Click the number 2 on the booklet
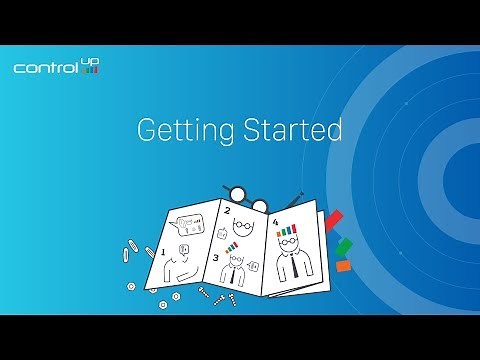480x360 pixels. pos(226,211)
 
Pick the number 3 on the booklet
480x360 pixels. pos(216,257)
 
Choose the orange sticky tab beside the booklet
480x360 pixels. pos(343,266)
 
